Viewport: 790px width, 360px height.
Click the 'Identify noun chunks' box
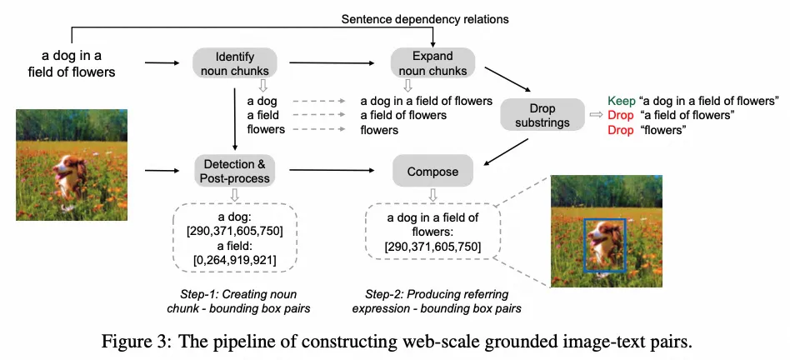point(234,63)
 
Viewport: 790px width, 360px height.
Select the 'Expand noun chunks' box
point(433,63)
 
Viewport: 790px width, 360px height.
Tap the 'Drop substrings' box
point(542,116)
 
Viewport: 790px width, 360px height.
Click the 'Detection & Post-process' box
point(235,172)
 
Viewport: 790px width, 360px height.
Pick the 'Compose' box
point(433,172)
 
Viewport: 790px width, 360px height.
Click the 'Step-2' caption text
point(437,302)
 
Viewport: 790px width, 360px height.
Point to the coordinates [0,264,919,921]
point(235,261)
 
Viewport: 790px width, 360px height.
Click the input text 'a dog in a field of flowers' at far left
point(77,63)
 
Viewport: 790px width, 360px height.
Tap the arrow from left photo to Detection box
point(163,172)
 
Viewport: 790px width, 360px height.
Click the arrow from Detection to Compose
point(333,172)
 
